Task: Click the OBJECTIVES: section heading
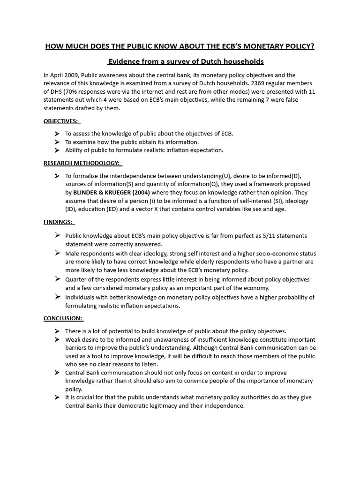click(x=60, y=121)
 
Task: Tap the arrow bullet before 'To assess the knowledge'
click(x=57, y=134)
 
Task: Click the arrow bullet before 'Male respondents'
click(x=57, y=253)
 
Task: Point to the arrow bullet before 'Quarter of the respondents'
click(x=57, y=279)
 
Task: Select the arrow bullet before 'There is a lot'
click(x=57, y=331)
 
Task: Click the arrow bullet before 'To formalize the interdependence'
click(x=57, y=176)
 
